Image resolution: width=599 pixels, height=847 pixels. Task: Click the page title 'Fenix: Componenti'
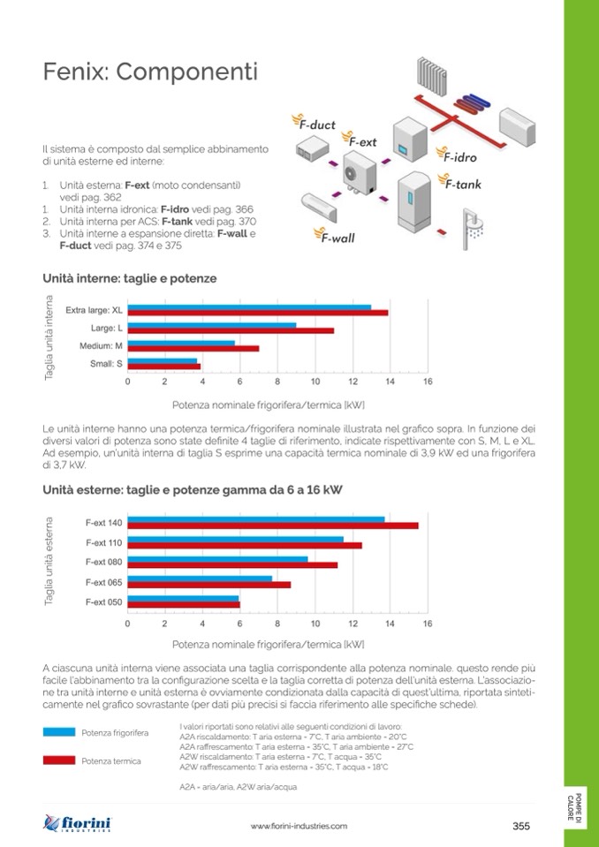[x=150, y=72]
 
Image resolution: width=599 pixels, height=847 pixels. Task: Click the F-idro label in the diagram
[x=459, y=157]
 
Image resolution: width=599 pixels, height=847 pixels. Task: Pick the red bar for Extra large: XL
[x=258, y=313]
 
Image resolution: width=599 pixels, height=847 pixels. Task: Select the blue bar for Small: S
[x=163, y=360]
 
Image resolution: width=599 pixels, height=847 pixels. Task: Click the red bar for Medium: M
[x=193, y=348]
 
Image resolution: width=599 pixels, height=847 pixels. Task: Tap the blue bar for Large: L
[x=212, y=326]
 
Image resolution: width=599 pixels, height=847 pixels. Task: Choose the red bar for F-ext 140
[x=273, y=526]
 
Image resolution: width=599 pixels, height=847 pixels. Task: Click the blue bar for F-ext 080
[x=218, y=558]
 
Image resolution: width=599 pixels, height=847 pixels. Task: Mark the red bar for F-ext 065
[x=209, y=585]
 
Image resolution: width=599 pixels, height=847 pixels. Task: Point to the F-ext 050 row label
[x=104, y=601]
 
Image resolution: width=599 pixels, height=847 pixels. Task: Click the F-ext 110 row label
[x=104, y=542]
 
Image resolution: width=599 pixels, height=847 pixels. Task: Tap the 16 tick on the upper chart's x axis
[x=428, y=382]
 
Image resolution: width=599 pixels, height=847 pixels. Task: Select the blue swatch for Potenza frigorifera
[x=59, y=732]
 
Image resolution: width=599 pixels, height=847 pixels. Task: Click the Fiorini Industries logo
[x=78, y=825]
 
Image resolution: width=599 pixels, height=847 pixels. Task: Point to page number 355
[x=521, y=827]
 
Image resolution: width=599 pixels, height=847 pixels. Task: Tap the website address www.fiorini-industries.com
[x=299, y=827]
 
